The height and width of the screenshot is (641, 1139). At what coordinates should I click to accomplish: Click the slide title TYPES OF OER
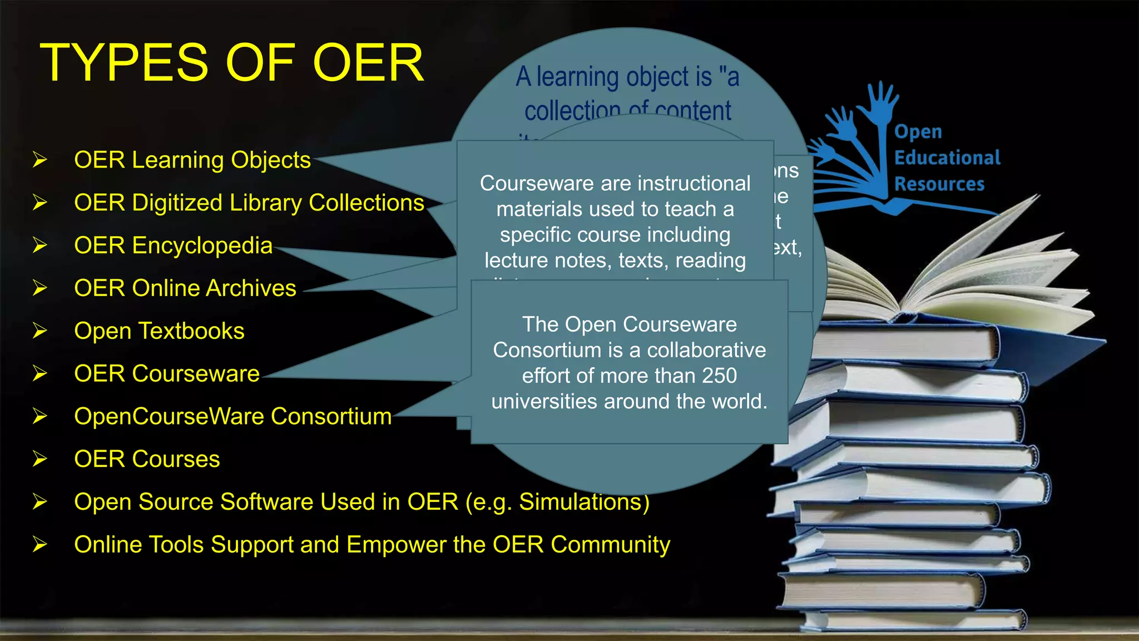click(x=232, y=63)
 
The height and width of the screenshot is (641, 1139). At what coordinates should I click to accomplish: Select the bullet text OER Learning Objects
click(x=192, y=160)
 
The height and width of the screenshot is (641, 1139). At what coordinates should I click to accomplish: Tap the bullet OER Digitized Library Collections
click(x=249, y=203)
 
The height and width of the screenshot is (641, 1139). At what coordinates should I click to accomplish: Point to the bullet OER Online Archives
click(x=185, y=288)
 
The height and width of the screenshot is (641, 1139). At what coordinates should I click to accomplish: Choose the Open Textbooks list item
click(x=159, y=331)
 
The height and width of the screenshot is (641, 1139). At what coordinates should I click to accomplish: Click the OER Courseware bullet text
click(x=166, y=374)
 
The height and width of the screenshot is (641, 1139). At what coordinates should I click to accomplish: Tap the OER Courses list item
click(x=147, y=459)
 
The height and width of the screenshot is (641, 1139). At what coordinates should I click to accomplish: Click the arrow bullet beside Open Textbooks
click(x=39, y=331)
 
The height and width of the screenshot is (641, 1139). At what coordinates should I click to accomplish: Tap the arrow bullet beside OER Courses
click(x=39, y=459)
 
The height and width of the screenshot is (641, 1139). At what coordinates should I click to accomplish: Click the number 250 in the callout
click(x=719, y=376)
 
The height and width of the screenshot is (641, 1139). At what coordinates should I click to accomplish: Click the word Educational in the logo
click(x=947, y=158)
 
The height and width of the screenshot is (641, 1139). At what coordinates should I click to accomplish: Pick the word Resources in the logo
click(x=939, y=184)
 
